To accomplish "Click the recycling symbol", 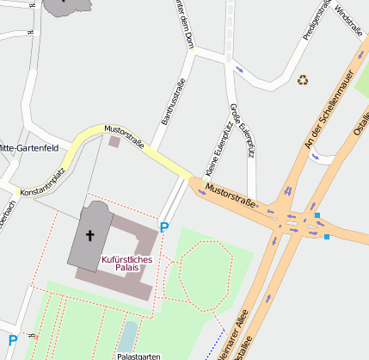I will pos(303,80).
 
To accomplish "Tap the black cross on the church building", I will pos(89,234).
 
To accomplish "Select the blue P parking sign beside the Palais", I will pos(163,228).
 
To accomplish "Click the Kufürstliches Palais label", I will pos(126,263).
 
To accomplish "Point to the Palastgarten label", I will pos(140,355).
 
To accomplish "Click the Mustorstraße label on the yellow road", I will pos(125,137).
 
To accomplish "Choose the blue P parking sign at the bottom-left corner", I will pos(12,340).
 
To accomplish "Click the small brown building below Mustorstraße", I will pos(114,141).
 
